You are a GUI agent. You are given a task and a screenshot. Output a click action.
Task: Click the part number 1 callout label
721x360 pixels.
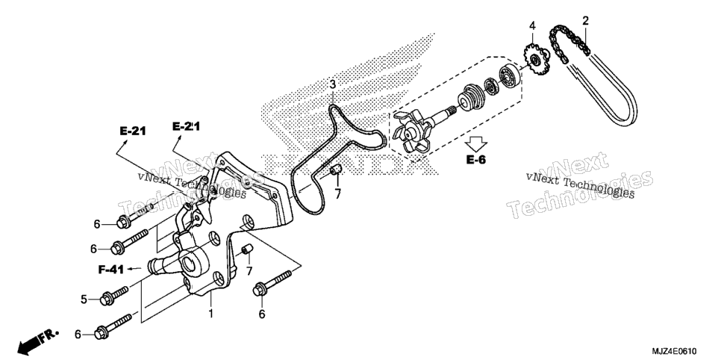pyautogui.click(x=210, y=314)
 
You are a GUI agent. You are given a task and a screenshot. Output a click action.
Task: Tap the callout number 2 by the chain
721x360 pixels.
pyautogui.click(x=585, y=20)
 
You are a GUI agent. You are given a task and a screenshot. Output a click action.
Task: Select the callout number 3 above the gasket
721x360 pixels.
pyautogui.click(x=332, y=84)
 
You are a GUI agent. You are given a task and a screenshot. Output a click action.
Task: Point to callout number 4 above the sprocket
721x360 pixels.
pyautogui.click(x=532, y=25)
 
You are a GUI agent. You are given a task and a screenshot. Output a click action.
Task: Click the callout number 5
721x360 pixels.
pyautogui.click(x=84, y=300)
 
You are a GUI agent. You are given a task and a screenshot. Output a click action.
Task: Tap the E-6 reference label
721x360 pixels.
pyautogui.click(x=476, y=160)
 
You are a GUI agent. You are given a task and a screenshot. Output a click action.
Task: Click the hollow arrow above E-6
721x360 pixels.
pyautogui.click(x=475, y=143)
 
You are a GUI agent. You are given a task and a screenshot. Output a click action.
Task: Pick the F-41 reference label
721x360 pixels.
pyautogui.click(x=110, y=270)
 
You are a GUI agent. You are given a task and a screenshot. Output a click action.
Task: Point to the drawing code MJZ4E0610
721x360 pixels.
pyautogui.click(x=680, y=351)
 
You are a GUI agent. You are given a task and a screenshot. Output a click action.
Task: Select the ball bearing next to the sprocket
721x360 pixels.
pyautogui.click(x=508, y=75)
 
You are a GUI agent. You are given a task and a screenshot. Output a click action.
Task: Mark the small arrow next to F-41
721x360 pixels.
pyautogui.click(x=134, y=268)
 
